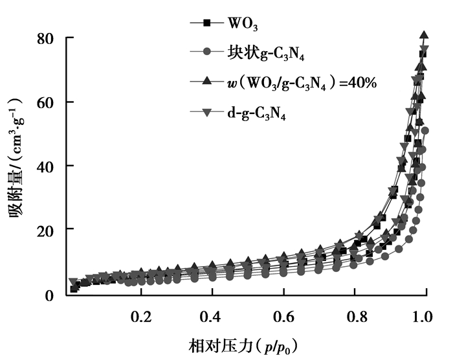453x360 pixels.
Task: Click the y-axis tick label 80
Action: pyautogui.click(x=52, y=39)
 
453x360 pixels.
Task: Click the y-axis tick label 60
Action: pyautogui.click(x=52, y=102)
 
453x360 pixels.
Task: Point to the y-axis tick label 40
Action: pyautogui.click(x=52, y=166)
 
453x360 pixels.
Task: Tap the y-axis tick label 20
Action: pyautogui.click(x=52, y=231)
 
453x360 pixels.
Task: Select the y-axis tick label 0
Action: pyautogui.click(x=57, y=295)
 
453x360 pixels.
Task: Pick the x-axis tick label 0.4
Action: pyautogui.click(x=212, y=317)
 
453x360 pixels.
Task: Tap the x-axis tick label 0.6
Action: pyautogui.click(x=283, y=317)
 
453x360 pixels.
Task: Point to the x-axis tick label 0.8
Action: pyautogui.click(x=354, y=317)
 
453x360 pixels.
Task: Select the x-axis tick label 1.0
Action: pyautogui.click(x=425, y=317)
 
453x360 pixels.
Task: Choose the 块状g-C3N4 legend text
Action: pyautogui.click(x=266, y=52)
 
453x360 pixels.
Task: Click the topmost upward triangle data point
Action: pyautogui.click(x=425, y=35)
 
